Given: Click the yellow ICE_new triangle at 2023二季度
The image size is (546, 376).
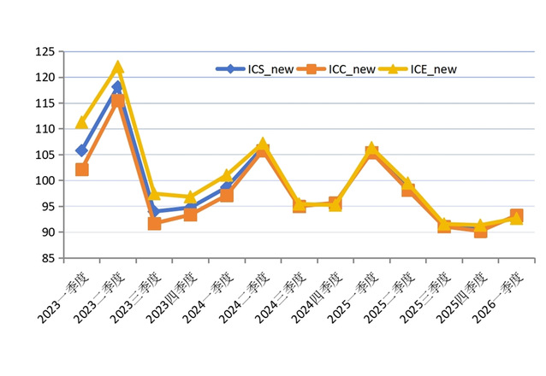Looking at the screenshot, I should point(117,67).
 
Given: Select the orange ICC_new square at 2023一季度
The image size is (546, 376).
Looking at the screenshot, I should point(81,169).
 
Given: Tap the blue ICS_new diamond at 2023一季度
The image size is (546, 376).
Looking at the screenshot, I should point(81,150).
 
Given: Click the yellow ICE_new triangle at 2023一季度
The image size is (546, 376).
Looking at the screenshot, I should point(81,122).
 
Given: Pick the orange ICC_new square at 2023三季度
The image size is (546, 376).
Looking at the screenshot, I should point(154,223).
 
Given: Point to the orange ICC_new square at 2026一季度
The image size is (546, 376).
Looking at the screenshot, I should point(517,215).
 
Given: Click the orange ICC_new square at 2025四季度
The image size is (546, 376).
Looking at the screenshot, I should point(481,231).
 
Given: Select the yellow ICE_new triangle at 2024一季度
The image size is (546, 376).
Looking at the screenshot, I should point(227,174).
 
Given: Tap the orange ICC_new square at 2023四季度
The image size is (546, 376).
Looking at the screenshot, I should point(190,214).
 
